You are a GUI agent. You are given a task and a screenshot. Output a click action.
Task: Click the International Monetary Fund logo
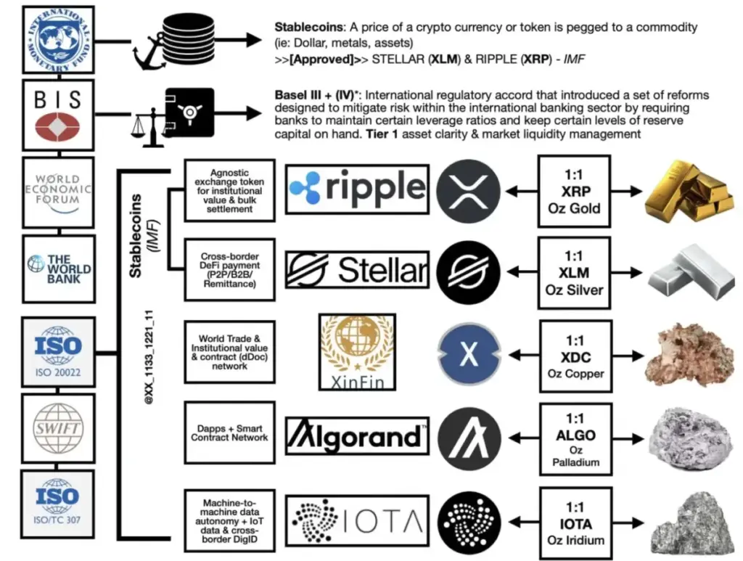(x=58, y=41)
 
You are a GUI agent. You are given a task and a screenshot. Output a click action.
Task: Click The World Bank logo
(x=58, y=269)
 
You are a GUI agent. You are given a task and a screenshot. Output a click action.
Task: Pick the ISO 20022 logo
(x=58, y=351)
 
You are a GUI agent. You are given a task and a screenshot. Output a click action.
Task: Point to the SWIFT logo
(x=58, y=429)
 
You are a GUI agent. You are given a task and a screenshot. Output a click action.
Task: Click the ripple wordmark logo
(x=356, y=189)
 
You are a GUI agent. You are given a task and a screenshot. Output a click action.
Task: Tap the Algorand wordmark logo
(x=356, y=435)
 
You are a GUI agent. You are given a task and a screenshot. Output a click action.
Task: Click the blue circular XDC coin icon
(x=469, y=353)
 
